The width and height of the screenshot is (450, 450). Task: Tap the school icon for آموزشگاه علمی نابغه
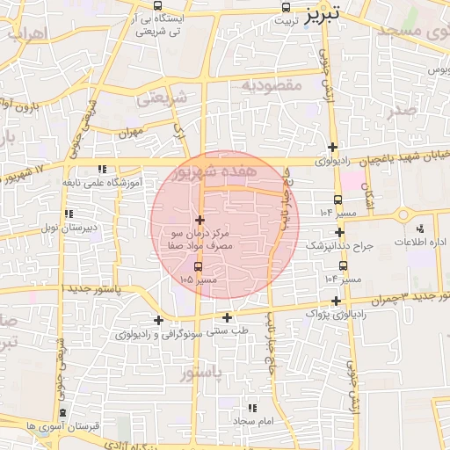tap(103, 169)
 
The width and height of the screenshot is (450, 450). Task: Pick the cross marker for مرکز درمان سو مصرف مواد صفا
tap(200, 220)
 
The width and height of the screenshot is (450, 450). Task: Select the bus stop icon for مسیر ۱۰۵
tap(197, 266)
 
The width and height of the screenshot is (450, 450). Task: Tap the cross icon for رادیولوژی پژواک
tap(336, 301)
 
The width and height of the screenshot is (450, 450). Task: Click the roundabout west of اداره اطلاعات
tap(403, 214)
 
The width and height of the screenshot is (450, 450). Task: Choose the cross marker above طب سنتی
tap(228, 317)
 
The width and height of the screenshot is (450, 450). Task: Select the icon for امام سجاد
tap(253, 408)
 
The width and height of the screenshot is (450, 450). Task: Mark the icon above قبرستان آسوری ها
tap(62, 412)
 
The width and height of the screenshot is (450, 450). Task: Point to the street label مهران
tap(132, 133)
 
